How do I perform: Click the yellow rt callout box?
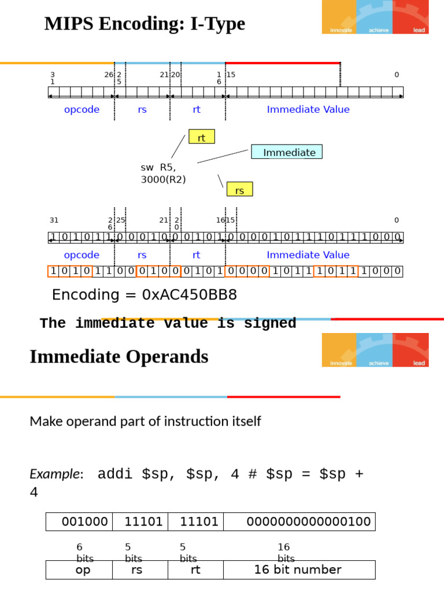[202, 136]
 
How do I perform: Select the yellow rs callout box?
[240, 189]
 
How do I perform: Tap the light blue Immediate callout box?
[287, 152]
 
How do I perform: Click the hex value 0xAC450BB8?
[190, 294]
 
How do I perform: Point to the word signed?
[270, 323]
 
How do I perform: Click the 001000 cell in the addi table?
[79, 522]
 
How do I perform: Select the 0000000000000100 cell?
[299, 522]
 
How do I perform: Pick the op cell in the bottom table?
[79, 569]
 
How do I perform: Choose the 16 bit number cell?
[299, 569]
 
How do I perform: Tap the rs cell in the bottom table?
[140, 569]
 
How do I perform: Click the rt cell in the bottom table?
[195, 569]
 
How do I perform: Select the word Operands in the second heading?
[167, 356]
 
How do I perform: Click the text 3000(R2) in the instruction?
[164, 179]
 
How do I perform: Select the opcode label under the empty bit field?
[82, 110]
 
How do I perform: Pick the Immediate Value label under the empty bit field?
[308, 109]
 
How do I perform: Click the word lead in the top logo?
[419, 30]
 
